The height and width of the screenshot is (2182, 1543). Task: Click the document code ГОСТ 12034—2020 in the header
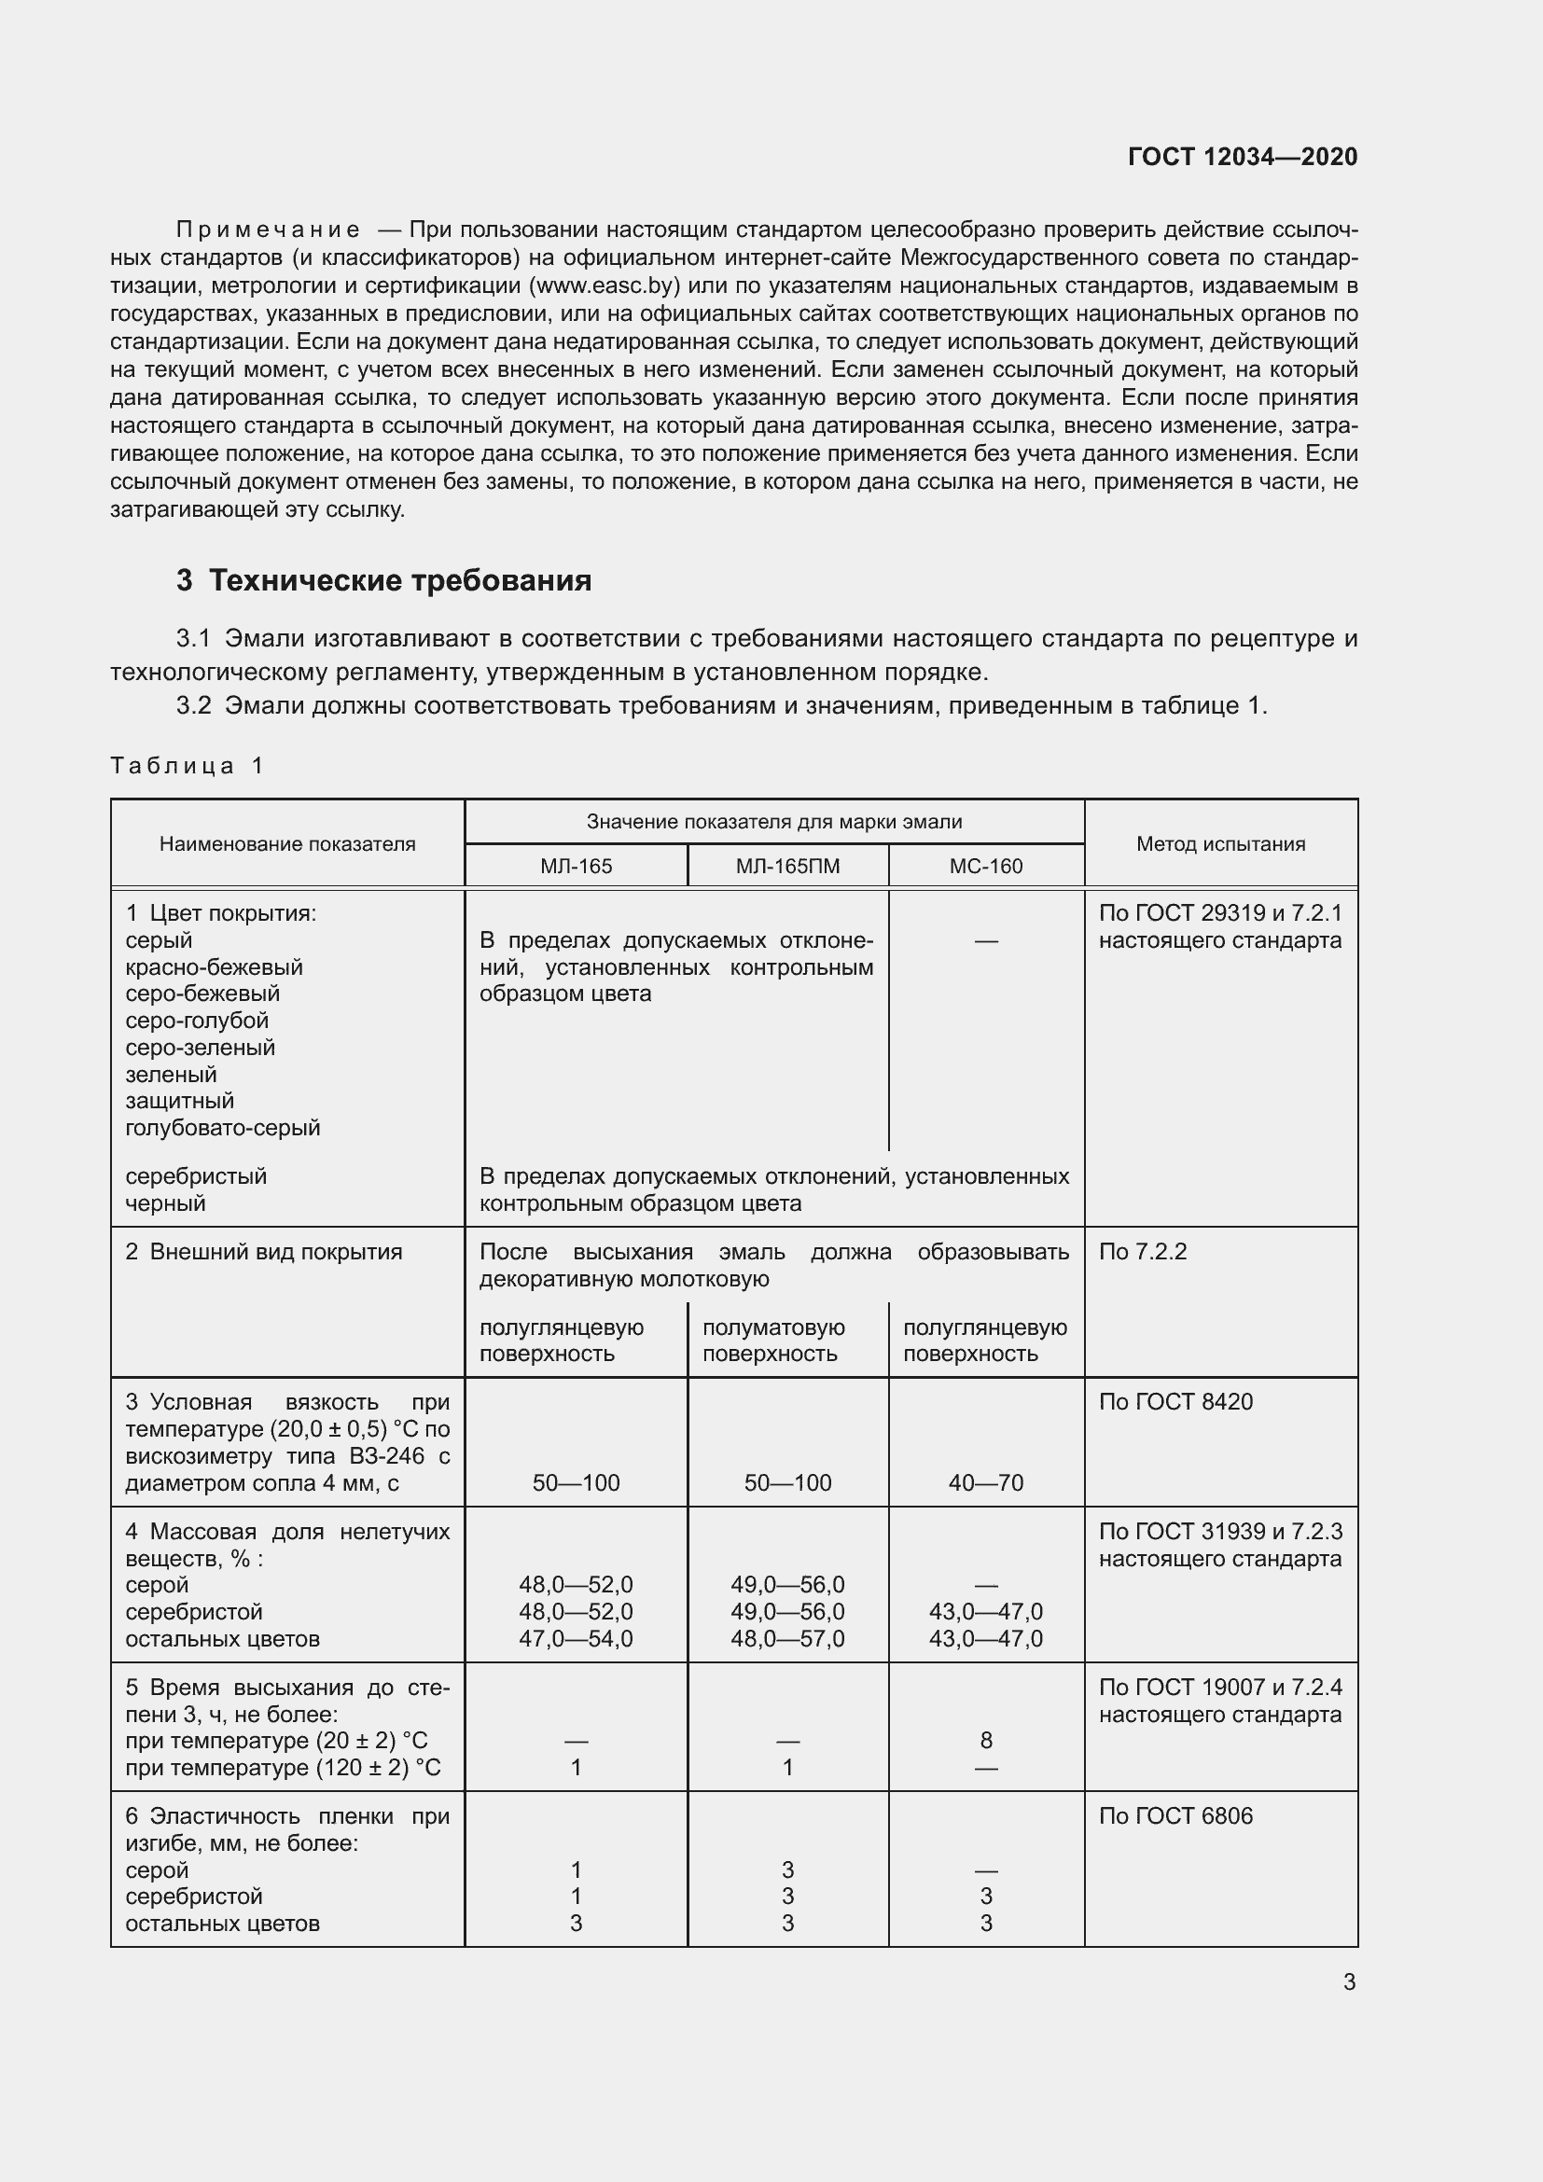(1242, 157)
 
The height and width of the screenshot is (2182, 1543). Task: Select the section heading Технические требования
(399, 580)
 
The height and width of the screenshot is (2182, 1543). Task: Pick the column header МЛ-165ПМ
(787, 867)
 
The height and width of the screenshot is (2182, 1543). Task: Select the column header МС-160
(986, 867)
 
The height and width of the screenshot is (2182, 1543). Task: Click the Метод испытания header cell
(1220, 844)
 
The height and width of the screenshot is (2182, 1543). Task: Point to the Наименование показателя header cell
(287, 844)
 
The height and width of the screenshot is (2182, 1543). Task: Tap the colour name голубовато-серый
(222, 1128)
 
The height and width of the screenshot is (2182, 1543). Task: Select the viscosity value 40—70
(986, 1482)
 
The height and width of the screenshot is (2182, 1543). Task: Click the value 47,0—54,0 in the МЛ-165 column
(576, 1638)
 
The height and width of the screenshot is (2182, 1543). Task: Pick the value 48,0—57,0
(787, 1638)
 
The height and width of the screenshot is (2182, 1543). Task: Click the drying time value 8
(986, 1740)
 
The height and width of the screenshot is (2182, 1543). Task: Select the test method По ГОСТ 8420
(1175, 1402)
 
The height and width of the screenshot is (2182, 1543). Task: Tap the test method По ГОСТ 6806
(1175, 1816)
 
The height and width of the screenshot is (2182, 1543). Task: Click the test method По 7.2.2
(1143, 1252)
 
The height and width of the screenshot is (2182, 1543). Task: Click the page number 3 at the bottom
(1349, 1982)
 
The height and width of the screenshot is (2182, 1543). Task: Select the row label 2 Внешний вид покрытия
(263, 1252)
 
